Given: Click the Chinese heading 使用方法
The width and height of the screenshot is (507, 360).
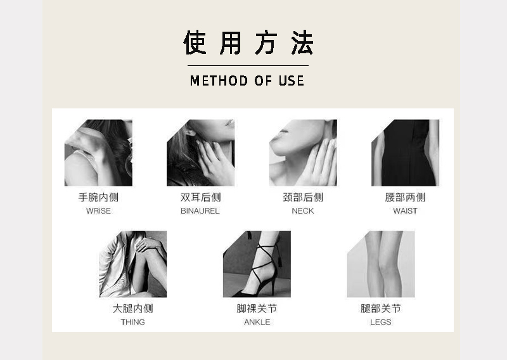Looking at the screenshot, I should coord(248,43).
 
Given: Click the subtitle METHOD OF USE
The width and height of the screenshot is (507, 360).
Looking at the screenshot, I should coord(247,80).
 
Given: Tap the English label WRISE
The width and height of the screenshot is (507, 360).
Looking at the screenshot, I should coord(98,211).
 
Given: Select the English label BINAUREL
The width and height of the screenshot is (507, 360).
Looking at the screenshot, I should coord(200,211).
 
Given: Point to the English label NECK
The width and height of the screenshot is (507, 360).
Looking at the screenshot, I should coord(303,211).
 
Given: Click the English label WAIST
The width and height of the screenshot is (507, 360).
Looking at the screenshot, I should coord(405,211).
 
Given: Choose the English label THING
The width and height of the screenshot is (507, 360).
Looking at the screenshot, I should coord(132,322).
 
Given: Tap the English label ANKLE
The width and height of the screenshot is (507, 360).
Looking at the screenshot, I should coord(257,322).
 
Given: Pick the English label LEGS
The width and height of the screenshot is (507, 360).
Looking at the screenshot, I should coord(381,322).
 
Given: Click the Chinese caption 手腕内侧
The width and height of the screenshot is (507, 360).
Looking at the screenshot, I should coord(98,198).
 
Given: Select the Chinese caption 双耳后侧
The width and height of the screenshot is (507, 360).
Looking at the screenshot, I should coord(200,198).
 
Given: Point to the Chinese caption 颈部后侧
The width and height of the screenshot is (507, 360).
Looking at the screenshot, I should coord(303,198).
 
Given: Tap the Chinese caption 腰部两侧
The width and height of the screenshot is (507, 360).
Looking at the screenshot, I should coord(405,198).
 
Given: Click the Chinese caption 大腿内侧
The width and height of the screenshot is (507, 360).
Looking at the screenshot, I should coord(132,309).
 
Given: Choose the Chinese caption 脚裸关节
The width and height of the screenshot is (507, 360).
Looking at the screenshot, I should coord(257,309).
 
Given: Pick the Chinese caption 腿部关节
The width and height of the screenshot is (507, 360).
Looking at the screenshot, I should coord(381,309).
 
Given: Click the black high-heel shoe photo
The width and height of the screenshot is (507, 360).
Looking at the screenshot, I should coord(257,264).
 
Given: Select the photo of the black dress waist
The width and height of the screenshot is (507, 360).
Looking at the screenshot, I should coord(405,153).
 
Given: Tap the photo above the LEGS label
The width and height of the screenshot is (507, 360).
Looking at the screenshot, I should coord(381,264).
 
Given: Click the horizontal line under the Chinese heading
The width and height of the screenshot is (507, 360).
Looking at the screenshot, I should coord(247,65).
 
